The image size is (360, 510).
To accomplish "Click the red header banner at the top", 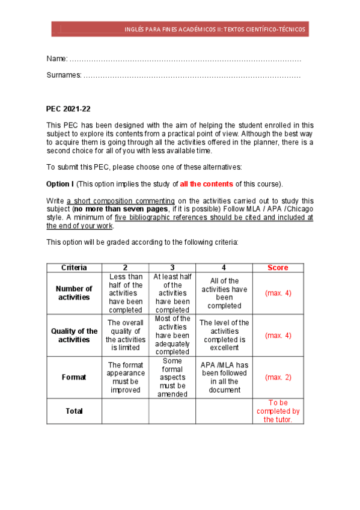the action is click(x=180, y=29).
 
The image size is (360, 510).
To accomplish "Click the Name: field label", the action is click(x=57, y=58).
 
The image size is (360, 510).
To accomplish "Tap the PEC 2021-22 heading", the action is click(x=68, y=109).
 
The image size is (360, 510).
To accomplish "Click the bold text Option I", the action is click(x=60, y=184).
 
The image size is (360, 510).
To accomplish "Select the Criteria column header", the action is click(x=74, y=268).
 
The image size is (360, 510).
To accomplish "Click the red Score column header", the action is click(x=278, y=268).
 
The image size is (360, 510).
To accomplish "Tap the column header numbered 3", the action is click(x=172, y=268).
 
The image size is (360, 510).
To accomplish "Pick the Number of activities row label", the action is click(x=74, y=293).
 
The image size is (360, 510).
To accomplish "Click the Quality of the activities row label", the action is click(x=74, y=335).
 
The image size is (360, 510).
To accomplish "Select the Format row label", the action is click(x=74, y=377).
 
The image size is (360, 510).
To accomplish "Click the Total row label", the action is click(x=74, y=411).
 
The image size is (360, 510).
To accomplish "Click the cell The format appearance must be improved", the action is click(x=126, y=377).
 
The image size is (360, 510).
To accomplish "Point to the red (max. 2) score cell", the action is click(x=278, y=377).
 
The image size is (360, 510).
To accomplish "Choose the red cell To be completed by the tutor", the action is click(x=278, y=411).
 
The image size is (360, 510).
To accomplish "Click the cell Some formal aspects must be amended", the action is click(x=172, y=377).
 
